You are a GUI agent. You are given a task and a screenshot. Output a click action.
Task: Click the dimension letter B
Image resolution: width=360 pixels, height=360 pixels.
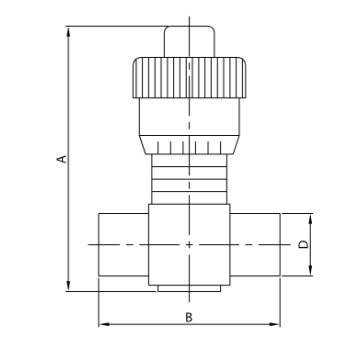(189, 316)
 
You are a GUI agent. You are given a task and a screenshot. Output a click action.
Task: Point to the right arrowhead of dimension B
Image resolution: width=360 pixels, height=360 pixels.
(277, 325)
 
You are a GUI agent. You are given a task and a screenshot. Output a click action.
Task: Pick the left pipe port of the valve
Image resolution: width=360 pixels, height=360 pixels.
(121, 243)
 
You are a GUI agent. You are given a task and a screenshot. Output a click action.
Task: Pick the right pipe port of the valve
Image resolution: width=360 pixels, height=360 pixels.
(256, 243)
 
